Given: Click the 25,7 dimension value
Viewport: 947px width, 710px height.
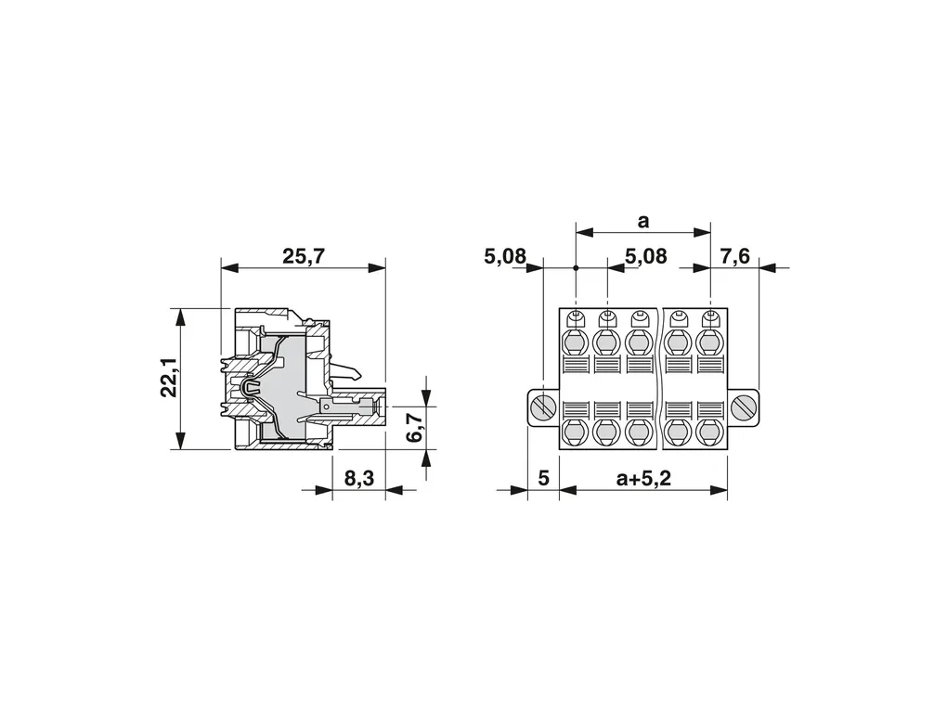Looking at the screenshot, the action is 304,256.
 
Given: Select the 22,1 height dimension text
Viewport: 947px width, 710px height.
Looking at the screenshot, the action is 169,378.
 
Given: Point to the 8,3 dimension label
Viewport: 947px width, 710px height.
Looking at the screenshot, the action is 359,478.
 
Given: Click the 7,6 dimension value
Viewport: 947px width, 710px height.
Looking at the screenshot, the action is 734,256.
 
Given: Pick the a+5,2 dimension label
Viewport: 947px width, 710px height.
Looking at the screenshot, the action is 643,478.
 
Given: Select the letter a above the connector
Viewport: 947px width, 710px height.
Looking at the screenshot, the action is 643,222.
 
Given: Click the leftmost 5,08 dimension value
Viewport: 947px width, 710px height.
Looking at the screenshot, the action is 505,256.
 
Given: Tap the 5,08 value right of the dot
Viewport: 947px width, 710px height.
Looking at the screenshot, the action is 645,256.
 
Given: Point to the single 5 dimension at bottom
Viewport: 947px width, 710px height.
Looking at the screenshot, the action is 543,478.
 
